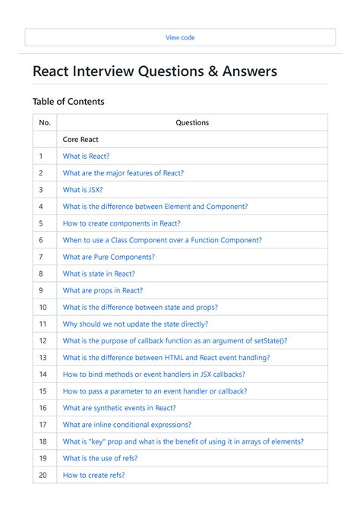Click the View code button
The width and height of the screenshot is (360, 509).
[x=180, y=37]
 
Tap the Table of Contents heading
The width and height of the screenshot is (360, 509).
[x=68, y=101]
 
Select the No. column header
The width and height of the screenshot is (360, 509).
[x=45, y=122]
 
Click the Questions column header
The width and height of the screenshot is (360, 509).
[x=192, y=122]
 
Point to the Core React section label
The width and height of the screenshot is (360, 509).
[x=81, y=140]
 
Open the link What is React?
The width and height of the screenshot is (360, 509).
[x=86, y=156]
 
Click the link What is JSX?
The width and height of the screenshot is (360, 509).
[x=83, y=190]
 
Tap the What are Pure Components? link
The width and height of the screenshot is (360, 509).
[x=109, y=257]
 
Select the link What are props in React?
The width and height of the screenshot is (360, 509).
[x=103, y=290]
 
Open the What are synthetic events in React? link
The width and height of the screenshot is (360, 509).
[x=119, y=408]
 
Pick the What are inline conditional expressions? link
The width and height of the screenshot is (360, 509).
[x=127, y=425]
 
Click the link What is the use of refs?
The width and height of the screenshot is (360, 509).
[x=100, y=458]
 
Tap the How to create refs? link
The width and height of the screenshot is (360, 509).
[x=93, y=475]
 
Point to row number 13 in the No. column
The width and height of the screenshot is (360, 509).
[x=43, y=358]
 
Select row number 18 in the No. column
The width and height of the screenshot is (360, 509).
[x=43, y=441]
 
